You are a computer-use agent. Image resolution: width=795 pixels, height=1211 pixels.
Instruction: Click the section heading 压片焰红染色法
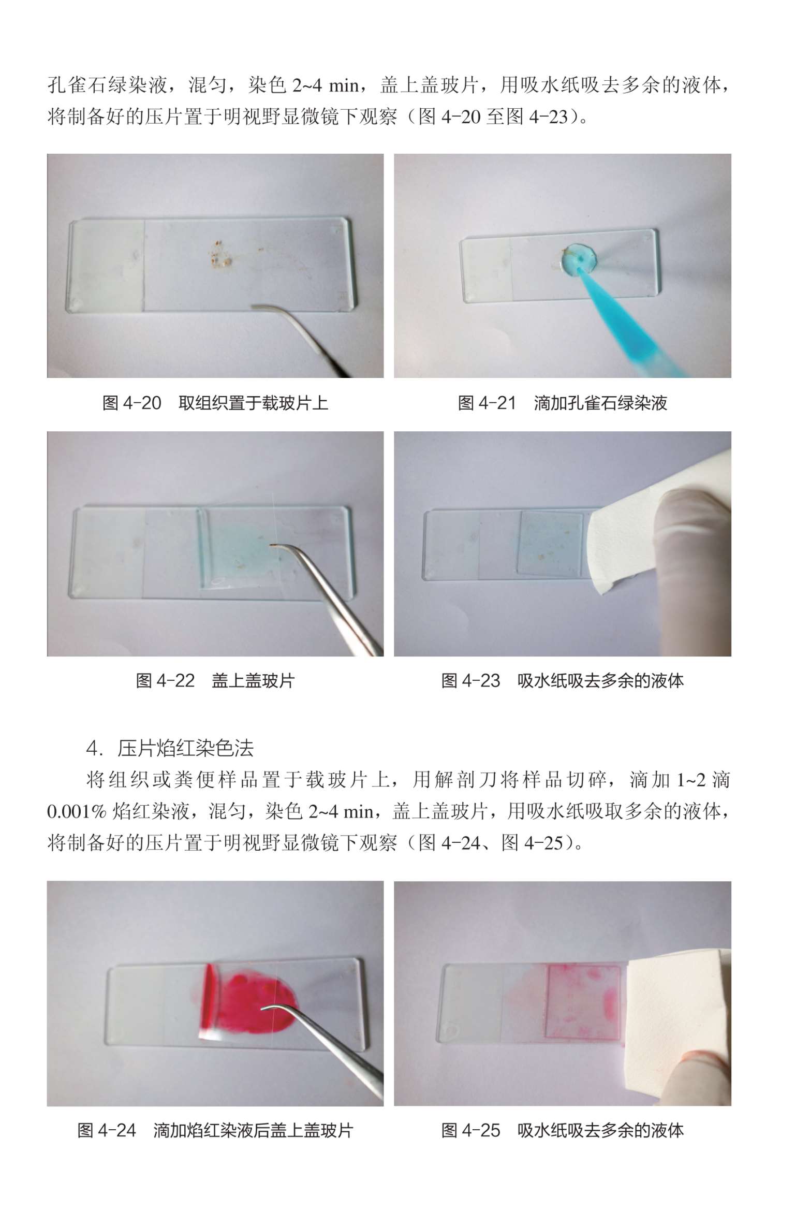(186, 748)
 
